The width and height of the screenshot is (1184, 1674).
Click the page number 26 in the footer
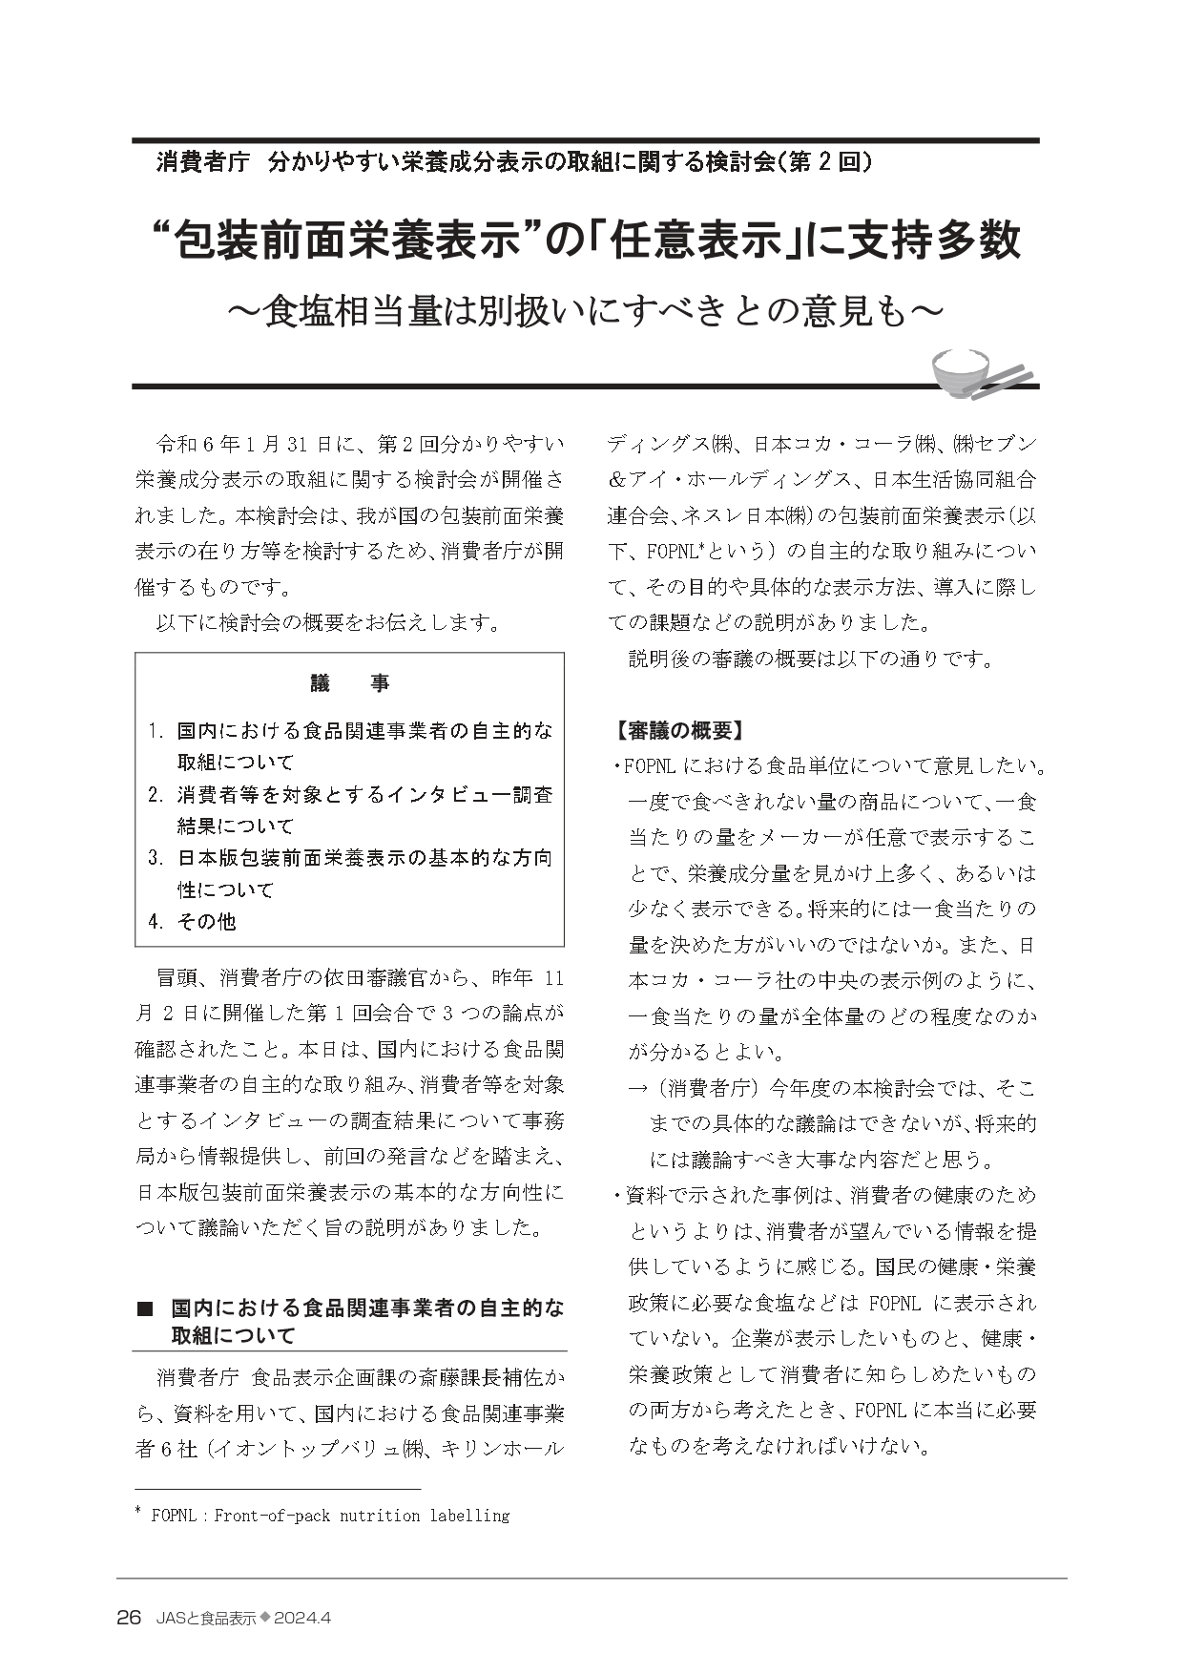[129, 1618]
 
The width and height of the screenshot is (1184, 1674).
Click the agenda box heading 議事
[349, 684]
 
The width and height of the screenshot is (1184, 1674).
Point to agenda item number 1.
[156, 732]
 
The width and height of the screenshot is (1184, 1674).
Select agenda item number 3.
[156, 858]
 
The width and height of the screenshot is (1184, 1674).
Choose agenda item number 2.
[156, 795]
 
